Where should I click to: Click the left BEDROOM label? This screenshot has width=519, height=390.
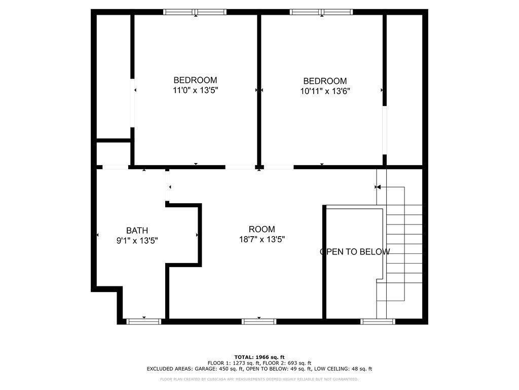coord(195,80)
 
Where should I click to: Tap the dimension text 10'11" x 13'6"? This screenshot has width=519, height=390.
coord(325,91)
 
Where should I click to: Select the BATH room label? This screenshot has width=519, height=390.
coord(137,231)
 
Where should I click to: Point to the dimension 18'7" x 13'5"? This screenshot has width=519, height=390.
coord(262,240)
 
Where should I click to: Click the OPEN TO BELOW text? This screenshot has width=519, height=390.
coord(355,252)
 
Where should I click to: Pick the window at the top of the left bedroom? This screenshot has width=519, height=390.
coord(196,12)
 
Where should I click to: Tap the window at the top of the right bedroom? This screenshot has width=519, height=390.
coord(321,12)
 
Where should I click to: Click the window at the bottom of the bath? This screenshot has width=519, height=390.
coord(143,321)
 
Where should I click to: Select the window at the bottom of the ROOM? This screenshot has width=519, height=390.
coord(258,321)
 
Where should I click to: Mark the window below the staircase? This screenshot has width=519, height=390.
coord(377,321)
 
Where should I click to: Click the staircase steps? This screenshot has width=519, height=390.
coord(404,244)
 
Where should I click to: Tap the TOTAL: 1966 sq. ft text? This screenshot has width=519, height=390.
coord(259,357)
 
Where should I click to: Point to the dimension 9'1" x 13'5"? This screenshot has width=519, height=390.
coord(137,241)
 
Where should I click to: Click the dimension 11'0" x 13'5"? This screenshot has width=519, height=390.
coord(195,90)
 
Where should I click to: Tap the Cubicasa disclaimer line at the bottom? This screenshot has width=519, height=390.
coord(259,379)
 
